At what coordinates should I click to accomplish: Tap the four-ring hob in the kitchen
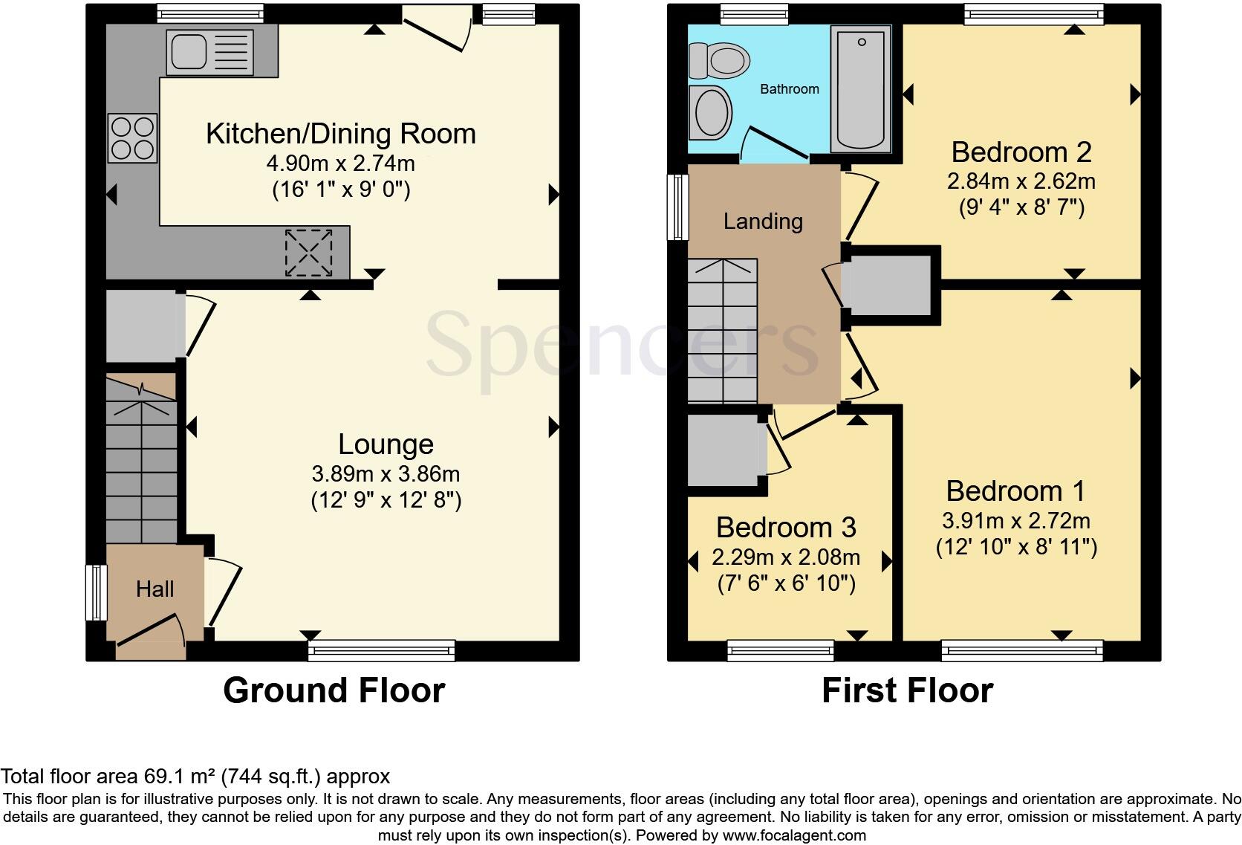point(134,137)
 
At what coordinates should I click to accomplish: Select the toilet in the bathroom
point(718,60)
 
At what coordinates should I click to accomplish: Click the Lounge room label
point(386,444)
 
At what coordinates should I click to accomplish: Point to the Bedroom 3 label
point(786,528)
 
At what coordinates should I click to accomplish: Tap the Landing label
point(763,221)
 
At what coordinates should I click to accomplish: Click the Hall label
point(155,589)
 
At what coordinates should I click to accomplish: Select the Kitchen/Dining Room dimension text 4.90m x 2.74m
point(340,163)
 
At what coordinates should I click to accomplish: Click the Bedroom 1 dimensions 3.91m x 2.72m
point(1015,520)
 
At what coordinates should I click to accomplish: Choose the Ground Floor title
point(334,690)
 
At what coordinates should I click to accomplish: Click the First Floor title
point(907,690)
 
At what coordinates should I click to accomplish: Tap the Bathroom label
point(789,89)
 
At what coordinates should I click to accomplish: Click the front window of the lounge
point(381,651)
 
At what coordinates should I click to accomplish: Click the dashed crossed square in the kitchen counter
point(308,253)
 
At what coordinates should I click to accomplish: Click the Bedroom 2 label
point(1021,152)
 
